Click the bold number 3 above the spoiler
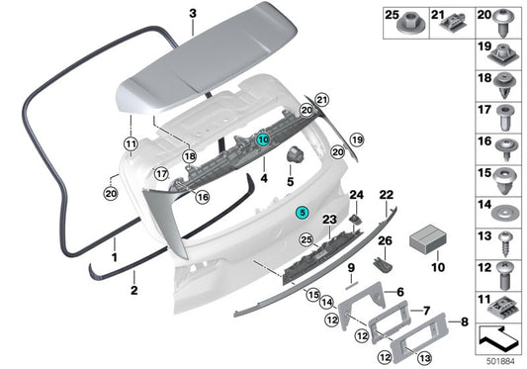[x=194, y=13]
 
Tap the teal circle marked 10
[x=263, y=140]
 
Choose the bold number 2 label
[x=133, y=290]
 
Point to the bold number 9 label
[x=350, y=267]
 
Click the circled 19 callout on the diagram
[x=357, y=139]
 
